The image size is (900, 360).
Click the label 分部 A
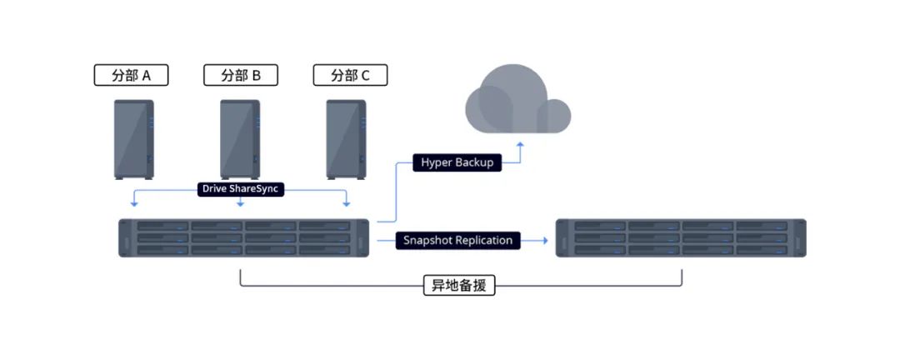pyautogui.click(x=131, y=76)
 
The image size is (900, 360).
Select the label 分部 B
pyautogui.click(x=241, y=76)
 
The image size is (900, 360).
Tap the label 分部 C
pyautogui.click(x=350, y=76)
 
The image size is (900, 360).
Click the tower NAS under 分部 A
pyautogui.click(x=133, y=138)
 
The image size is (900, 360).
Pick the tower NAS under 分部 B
pyautogui.click(x=240, y=138)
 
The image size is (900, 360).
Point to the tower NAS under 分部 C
pyautogui.click(x=346, y=138)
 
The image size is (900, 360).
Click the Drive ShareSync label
pyautogui.click(x=240, y=189)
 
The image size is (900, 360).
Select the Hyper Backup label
pyautogui.click(x=457, y=162)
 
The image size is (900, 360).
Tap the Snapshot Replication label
pyautogui.click(x=457, y=240)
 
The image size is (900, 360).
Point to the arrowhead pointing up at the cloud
pyautogui.click(x=520, y=145)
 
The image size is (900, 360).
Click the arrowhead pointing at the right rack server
pyautogui.click(x=544, y=240)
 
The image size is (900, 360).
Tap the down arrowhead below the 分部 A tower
pyautogui.click(x=134, y=203)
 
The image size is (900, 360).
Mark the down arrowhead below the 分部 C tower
pyautogui.click(x=346, y=203)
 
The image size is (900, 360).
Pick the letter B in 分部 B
pyautogui.click(x=256, y=76)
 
